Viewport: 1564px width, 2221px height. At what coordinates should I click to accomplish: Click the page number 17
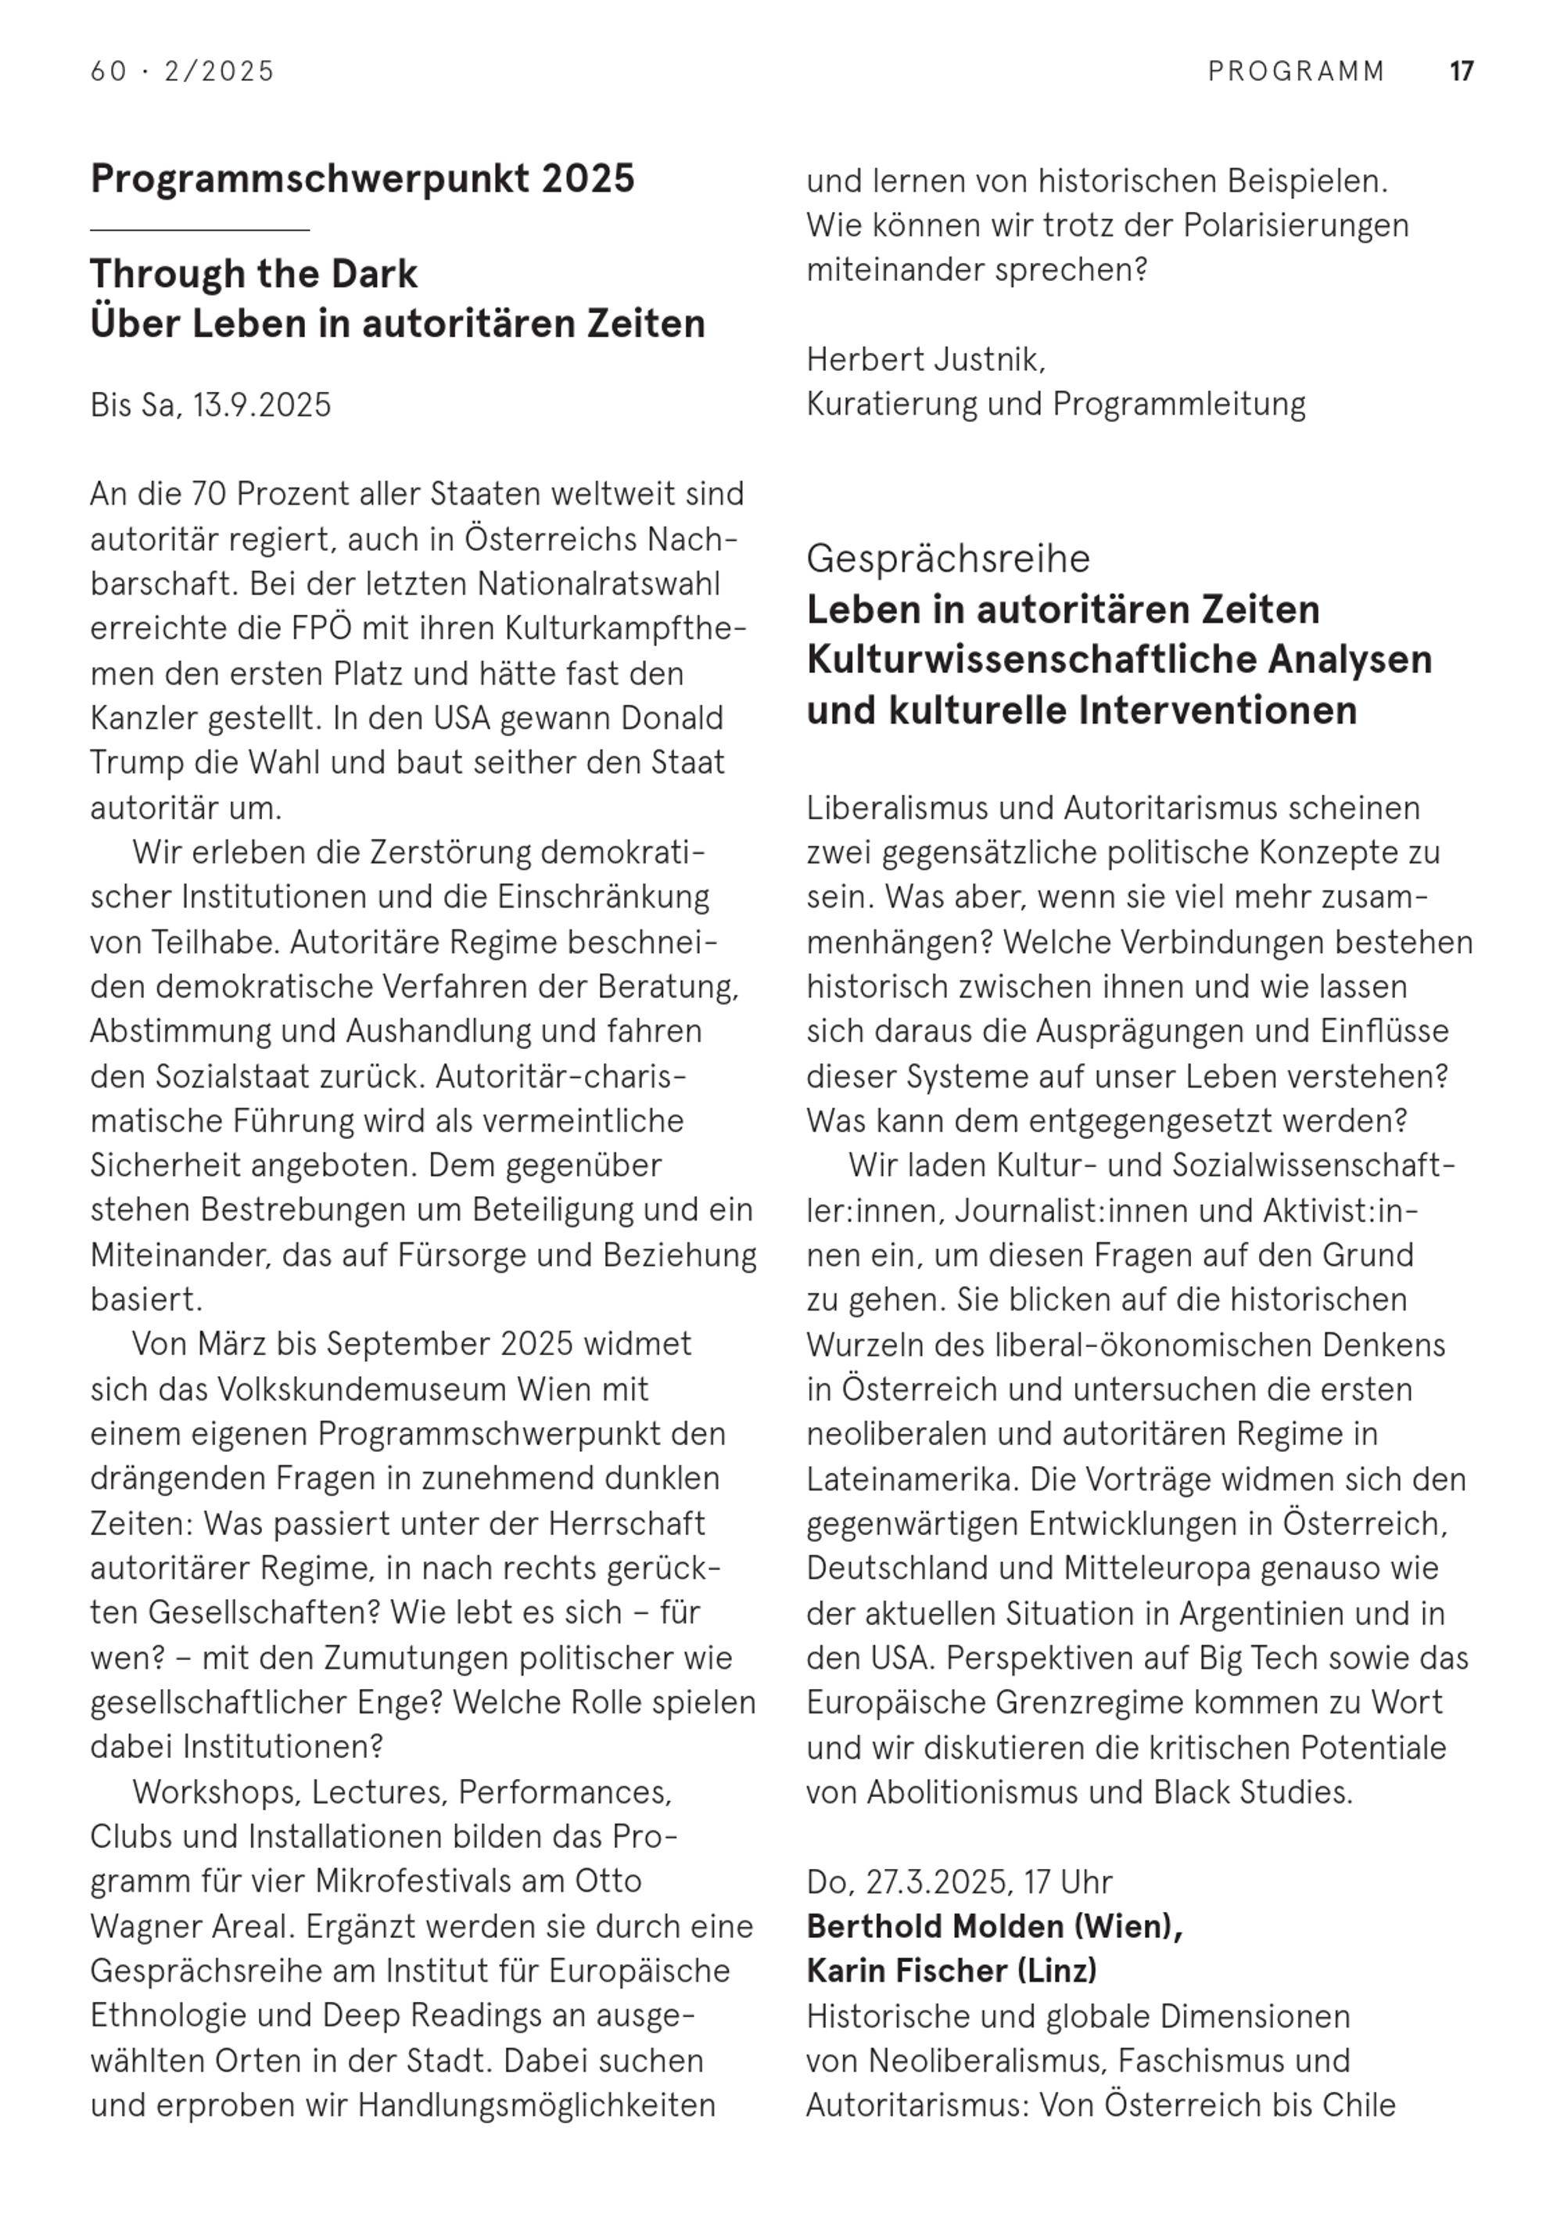[1461, 72]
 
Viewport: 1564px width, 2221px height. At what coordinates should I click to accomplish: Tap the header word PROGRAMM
[1296, 72]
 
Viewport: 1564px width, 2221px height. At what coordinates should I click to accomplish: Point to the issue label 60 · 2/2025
[183, 72]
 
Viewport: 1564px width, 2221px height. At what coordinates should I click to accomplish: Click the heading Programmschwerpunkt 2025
[363, 179]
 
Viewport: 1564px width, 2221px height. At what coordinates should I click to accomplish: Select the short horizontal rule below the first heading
[199, 230]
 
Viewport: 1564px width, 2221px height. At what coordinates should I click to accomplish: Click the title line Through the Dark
[253, 275]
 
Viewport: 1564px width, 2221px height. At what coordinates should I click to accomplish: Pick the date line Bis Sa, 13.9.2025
[211, 404]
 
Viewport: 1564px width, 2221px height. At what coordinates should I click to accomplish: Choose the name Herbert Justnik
[926, 360]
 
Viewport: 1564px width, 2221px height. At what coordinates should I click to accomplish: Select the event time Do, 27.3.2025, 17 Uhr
[960, 1881]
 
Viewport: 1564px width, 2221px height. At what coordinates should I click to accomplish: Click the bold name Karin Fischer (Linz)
[952, 1971]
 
